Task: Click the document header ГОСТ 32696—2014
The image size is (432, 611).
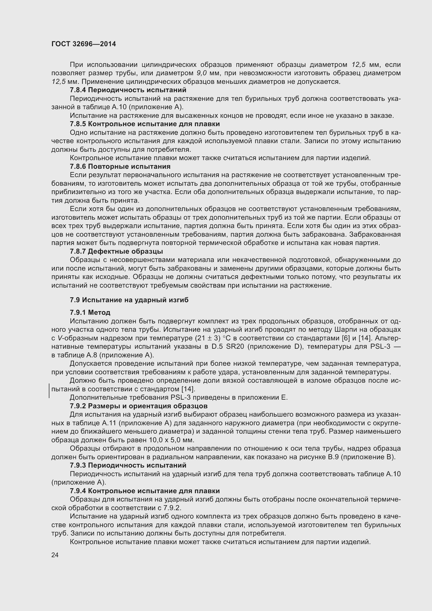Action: click(84, 44)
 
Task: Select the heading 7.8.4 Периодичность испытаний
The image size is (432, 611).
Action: click(128, 90)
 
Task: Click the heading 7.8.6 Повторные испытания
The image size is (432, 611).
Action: click(120, 167)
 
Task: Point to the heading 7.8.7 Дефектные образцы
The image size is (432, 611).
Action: click(116, 252)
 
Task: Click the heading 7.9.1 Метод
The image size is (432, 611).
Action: click(90, 312)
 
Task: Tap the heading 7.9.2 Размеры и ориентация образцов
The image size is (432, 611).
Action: click(139, 406)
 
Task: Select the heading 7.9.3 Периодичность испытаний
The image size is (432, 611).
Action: click(128, 465)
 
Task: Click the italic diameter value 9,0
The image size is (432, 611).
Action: click(202, 73)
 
